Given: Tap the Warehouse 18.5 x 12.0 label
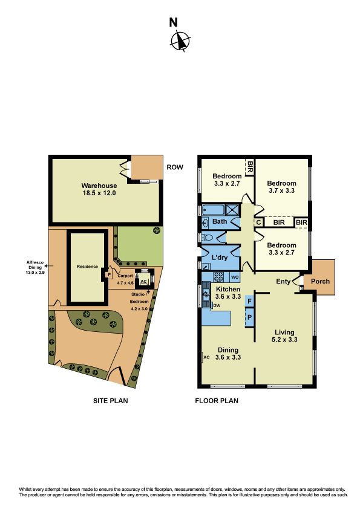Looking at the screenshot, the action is tap(99, 189).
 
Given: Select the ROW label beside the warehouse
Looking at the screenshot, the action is tap(175, 167).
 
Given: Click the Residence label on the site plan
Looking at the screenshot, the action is tap(87, 267).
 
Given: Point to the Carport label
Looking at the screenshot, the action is tap(125, 276).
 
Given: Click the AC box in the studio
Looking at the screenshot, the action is tap(143, 281).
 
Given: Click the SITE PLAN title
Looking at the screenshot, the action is tap(111, 401).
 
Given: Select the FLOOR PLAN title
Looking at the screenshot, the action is tap(217, 401).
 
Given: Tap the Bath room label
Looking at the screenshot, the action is tap(220, 221).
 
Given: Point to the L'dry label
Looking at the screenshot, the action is tap(219, 258).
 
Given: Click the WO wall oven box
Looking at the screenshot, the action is tap(235, 277).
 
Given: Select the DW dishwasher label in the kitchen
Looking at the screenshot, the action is tap(217, 305).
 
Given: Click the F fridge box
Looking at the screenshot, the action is tap(249, 301).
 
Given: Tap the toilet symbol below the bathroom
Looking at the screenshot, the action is tap(208, 238).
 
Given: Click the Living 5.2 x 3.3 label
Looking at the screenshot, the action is tap(284, 336).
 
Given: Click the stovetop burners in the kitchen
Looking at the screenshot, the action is tap(218, 277).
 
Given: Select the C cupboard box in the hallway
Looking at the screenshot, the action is tap(258, 222).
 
